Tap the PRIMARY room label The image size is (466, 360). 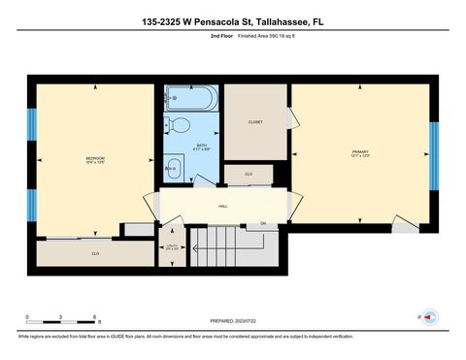point(360,153)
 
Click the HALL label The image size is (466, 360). point(222,207)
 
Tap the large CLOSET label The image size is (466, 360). point(255,122)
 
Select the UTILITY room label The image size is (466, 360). point(173,247)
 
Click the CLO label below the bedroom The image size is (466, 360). point(95,253)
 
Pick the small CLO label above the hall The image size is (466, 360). point(249,176)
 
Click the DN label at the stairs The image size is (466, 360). point(262,225)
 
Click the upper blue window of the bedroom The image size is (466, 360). point(31,123)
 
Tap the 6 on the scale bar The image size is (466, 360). point(94,317)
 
